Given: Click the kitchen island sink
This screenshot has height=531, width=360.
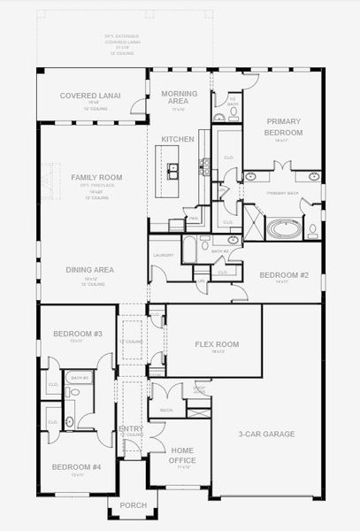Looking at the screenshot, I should [173, 168].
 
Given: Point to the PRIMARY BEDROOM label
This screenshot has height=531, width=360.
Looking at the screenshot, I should [283, 127].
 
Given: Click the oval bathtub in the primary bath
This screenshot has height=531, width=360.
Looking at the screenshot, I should [284, 229].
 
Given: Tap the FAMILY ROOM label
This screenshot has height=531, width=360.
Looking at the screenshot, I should [96, 178].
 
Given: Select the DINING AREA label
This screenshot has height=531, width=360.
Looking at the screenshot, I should [90, 271].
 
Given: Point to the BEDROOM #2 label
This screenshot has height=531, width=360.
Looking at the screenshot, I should [283, 274].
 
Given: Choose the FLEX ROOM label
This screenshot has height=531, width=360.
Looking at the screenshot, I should [217, 344].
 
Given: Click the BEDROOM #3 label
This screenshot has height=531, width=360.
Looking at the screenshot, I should [66, 334].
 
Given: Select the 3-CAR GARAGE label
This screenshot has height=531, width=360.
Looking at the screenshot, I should [266, 434].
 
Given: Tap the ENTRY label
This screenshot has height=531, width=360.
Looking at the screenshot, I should [130, 429].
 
